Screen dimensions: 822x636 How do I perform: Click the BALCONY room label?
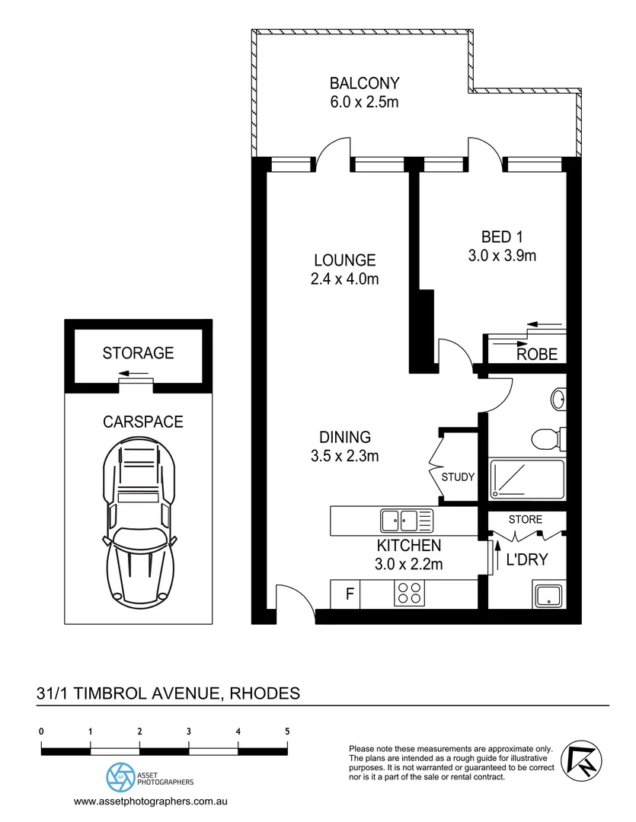point(363,83)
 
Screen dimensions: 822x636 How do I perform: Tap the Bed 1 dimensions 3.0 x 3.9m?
point(502,256)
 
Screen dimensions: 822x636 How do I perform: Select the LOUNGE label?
point(344,260)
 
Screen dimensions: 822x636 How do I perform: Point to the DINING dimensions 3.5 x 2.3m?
point(344,457)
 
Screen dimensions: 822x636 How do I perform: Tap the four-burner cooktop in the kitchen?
point(408,594)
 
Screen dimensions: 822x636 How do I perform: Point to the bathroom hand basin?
point(558,397)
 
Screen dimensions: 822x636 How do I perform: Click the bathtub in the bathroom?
point(526,479)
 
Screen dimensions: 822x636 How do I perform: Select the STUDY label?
point(459,477)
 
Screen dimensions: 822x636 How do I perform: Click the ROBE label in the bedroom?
point(537,354)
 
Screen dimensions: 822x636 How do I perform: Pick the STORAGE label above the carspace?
point(138,353)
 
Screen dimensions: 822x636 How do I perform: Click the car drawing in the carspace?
point(140,525)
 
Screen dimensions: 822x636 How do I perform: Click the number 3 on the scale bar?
point(188,731)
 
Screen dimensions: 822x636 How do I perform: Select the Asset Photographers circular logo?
point(120,777)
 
